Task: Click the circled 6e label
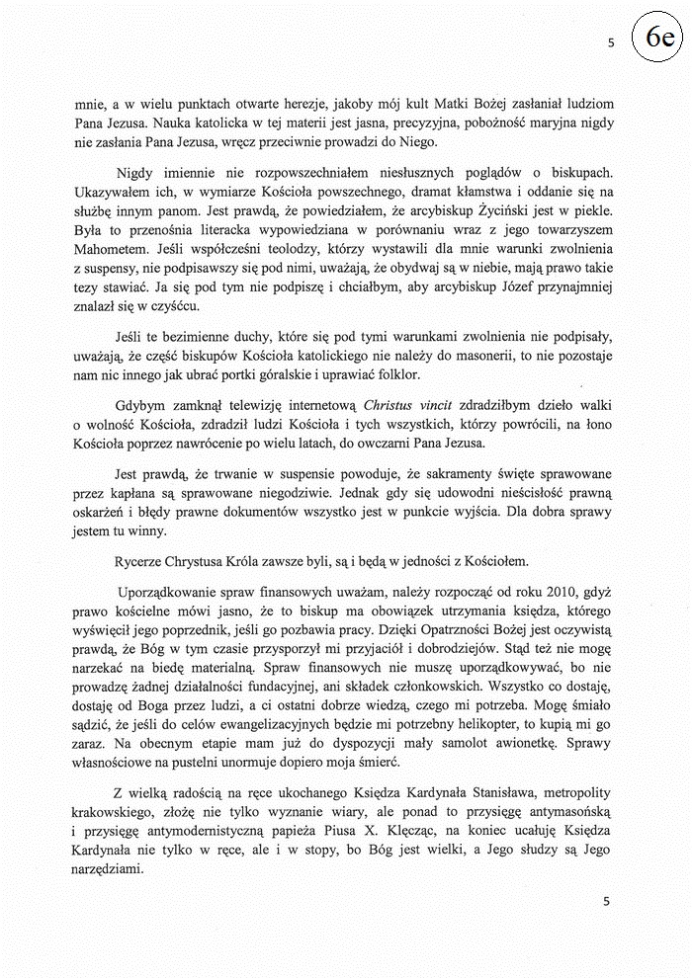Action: pyautogui.click(x=658, y=39)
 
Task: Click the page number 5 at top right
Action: pyautogui.click(x=611, y=43)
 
